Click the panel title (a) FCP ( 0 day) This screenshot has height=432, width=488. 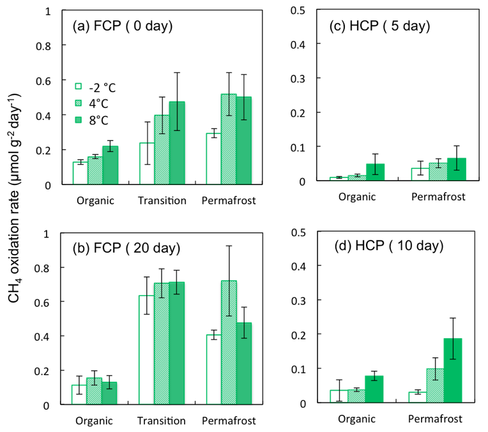(121, 27)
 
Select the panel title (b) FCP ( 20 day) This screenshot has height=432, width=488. (124, 248)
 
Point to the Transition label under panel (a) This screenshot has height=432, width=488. (162, 200)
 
